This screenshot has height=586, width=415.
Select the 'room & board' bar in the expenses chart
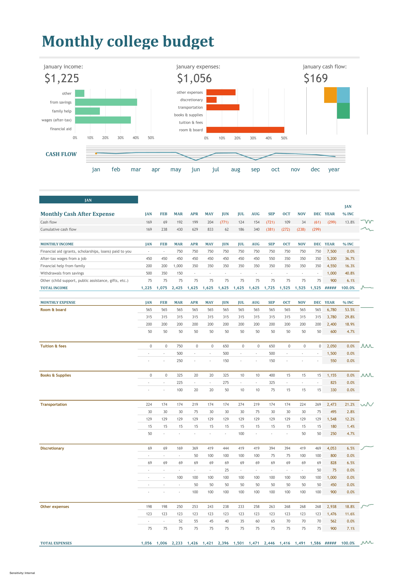245,130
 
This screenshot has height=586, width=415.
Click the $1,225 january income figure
62,78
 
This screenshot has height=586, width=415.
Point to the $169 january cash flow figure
316,78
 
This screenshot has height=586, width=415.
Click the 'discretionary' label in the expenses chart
191,100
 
